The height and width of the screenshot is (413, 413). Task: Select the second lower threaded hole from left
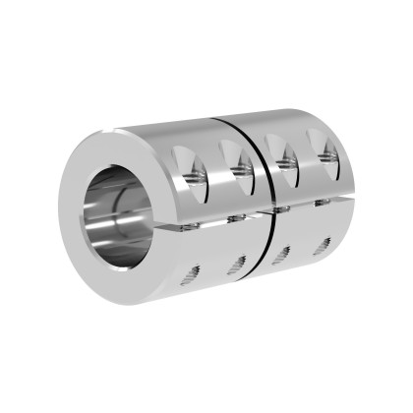236,265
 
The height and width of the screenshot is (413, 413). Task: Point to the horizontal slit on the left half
211,220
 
